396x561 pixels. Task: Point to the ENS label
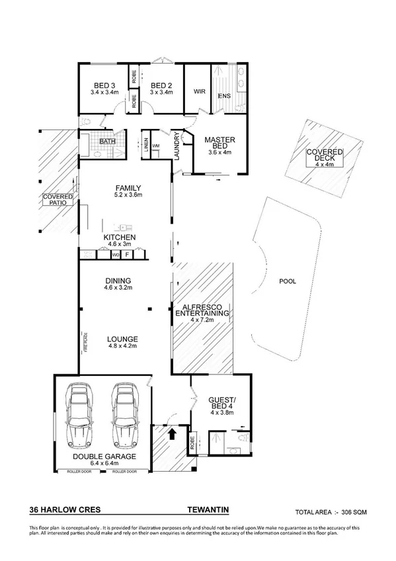pos(225,96)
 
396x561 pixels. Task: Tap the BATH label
pos(106,141)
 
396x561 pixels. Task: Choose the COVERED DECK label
pos(320,156)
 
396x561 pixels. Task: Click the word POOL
pos(288,280)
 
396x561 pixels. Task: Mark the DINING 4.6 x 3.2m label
pos(118,284)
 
